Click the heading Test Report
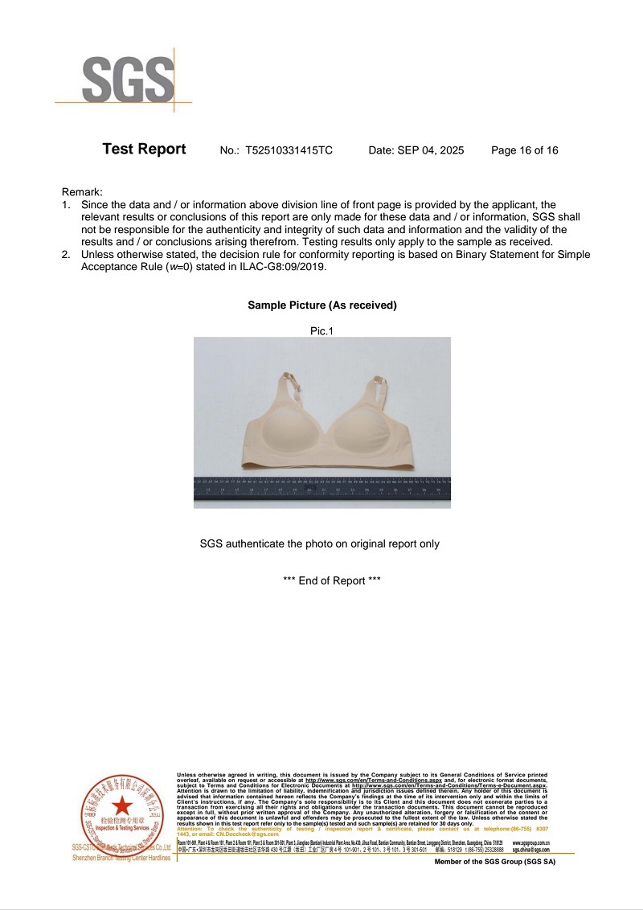pos(144,150)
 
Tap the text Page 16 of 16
pos(524,150)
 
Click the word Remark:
pos(82,192)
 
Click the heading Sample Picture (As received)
pos(321,305)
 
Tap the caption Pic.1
pos(321,330)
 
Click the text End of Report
pos(332,580)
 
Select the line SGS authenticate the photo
pos(320,543)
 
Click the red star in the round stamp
pos(121,805)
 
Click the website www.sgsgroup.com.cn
pos(530,843)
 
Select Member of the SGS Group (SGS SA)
pos(494,861)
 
